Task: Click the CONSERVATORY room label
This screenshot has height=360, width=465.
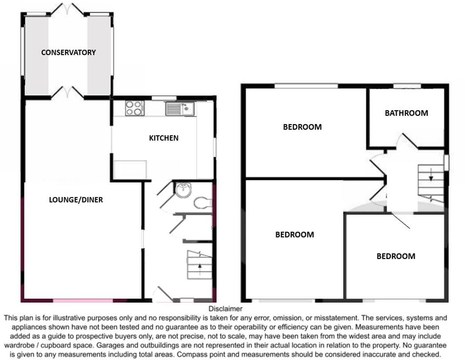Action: pos(68,53)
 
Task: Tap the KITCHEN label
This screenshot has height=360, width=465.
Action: pos(164,138)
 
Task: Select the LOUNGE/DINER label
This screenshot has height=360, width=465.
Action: pos(76,200)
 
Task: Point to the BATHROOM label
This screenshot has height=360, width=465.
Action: pos(406,113)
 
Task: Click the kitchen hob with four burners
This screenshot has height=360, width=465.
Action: pos(135,108)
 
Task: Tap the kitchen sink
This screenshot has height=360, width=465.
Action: pos(180,109)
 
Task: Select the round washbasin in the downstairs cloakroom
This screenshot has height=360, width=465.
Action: pos(183,190)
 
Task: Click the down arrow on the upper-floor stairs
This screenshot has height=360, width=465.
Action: pos(430,177)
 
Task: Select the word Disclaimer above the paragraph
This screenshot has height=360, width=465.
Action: pos(225,309)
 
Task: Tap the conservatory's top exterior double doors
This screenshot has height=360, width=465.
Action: pos(68,8)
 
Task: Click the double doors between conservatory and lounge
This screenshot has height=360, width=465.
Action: pos(68,92)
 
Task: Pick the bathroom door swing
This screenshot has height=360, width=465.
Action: pos(408,141)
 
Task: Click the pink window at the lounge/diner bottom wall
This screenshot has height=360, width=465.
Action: pos(83,301)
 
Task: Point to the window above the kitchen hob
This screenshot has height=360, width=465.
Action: pos(158,98)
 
